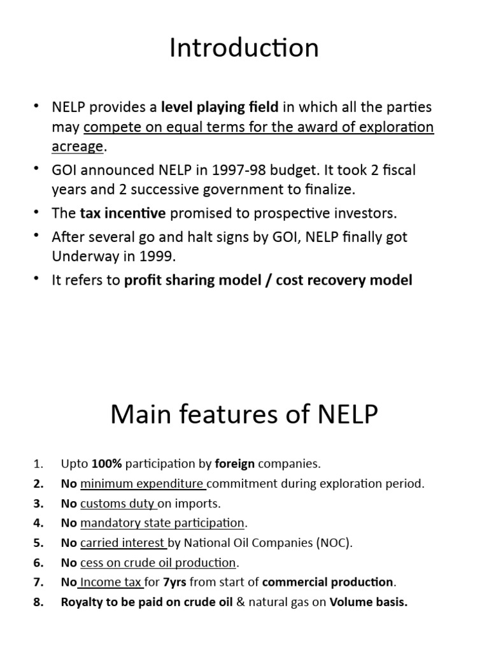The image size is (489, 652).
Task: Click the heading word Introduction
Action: pos(244,48)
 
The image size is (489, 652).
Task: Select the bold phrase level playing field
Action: pos(220,108)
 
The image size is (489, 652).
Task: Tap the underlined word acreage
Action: pos(77,146)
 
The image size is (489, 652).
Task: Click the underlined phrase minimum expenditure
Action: pos(142,483)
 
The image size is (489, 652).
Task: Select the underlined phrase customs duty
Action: pos(118,503)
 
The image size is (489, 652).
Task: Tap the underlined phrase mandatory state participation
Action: pos(162,523)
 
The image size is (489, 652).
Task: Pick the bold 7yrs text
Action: pos(174,582)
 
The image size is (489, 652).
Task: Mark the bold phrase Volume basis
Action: pos(368,602)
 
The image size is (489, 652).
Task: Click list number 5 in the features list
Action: pos(39,542)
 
